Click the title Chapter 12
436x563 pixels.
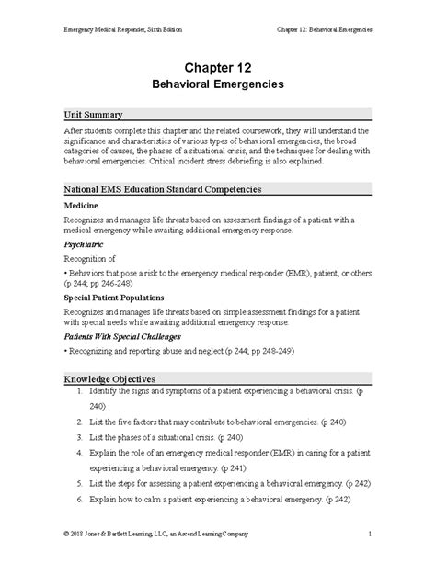pyautogui.click(x=217, y=67)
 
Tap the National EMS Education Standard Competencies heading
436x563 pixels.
pyautogui.click(x=163, y=188)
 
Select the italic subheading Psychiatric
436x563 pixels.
pyautogui.click(x=84, y=246)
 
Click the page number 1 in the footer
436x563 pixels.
pyautogui.click(x=369, y=534)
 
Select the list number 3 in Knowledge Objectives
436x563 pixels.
pyautogui.click(x=81, y=435)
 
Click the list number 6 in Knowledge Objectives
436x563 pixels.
pyautogui.click(x=81, y=498)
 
